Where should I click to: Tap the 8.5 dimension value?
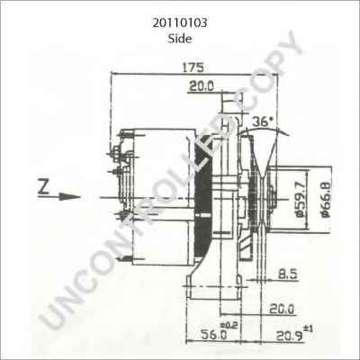click(288, 272)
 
